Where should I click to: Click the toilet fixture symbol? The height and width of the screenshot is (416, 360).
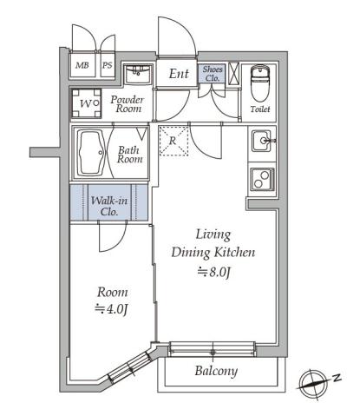point(260,83)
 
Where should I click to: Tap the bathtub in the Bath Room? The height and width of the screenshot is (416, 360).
point(91,153)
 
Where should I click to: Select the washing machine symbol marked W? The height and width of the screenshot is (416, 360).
point(86,103)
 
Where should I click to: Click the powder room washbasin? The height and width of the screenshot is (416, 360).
point(138,75)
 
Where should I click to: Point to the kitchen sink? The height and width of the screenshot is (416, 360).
point(262,141)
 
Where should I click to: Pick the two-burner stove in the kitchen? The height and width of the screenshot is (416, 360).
point(262,180)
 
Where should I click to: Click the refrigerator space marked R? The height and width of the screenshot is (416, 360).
point(173,141)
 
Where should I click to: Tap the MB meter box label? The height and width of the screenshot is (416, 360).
point(82,65)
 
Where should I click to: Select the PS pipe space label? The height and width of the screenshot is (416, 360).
point(108,65)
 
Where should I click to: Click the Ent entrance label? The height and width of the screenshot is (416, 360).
point(179,74)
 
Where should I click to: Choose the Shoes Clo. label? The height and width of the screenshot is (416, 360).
point(213,74)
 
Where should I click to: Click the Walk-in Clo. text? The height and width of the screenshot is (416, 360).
point(109,206)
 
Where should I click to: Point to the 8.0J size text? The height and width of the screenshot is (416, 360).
point(214,272)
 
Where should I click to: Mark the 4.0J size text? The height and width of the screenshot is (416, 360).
point(112,309)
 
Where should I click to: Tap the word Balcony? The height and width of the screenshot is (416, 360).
point(216,371)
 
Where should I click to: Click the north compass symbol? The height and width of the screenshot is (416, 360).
point(312,385)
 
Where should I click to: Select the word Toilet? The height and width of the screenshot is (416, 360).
point(260,109)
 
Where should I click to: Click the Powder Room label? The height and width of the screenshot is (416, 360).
point(128,104)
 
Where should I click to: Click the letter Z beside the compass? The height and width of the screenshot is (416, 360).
point(337,377)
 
